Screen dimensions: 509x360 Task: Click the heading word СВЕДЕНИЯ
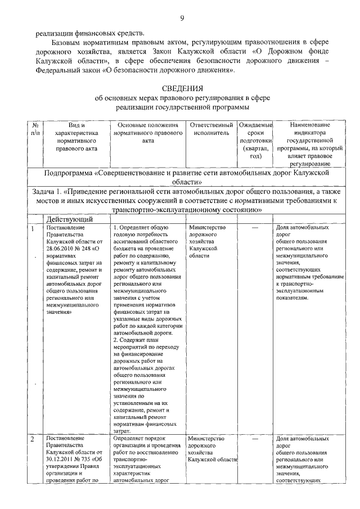point(182,88)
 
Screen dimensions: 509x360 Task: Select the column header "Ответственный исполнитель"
point(211,129)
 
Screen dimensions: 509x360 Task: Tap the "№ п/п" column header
point(35,129)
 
